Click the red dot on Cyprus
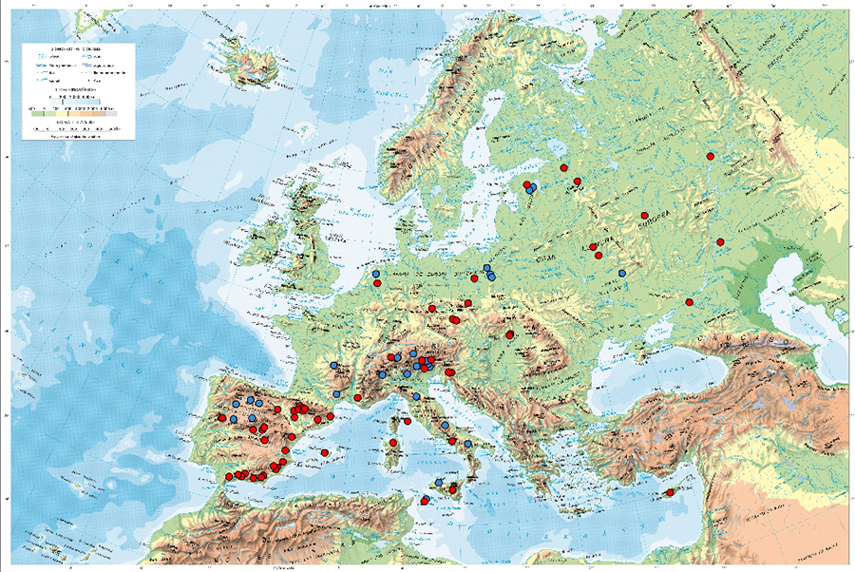point(671,492)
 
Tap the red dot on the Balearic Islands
point(326,452)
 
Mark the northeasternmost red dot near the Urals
point(710,157)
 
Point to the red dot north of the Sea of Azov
point(689,302)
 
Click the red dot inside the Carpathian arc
point(510,334)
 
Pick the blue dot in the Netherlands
point(376,274)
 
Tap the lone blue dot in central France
point(333,365)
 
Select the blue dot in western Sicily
point(439,483)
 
